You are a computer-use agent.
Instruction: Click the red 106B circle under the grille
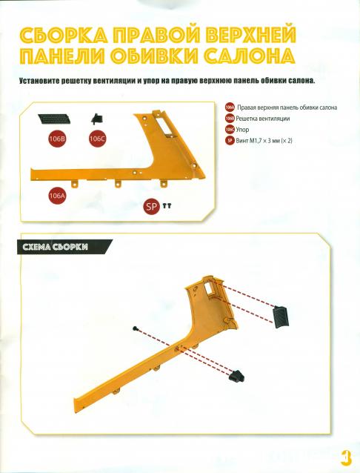pos(57,139)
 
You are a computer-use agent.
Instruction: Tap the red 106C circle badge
pos(97,139)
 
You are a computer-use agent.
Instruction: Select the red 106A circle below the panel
pos(57,196)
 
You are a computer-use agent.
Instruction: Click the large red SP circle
pos(151,206)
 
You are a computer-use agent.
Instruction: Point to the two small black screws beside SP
pos(167,206)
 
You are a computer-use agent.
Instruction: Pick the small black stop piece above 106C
pos(97,119)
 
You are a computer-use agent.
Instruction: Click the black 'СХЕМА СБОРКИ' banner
pos(65,247)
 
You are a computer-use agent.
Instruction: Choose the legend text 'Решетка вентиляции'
pos(263,119)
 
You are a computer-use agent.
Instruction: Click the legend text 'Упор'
pos(242,130)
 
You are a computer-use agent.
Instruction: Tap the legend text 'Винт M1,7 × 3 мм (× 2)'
pos(264,141)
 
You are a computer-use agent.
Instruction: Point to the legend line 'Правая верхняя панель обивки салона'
pos(287,107)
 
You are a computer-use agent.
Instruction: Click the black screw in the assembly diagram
pos(135,328)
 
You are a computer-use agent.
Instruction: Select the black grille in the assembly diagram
pos(281,317)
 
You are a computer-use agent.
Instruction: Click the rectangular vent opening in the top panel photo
pos(164,125)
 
